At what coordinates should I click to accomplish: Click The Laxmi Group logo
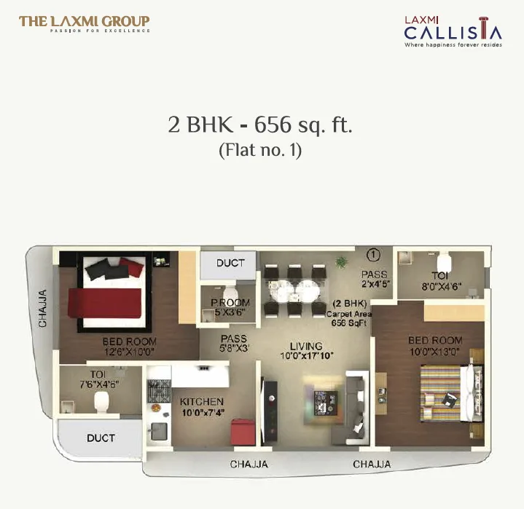click(85, 23)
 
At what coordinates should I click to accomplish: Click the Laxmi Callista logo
click(453, 31)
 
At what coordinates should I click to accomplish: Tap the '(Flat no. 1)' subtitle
click(260, 151)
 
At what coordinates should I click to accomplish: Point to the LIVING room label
click(305, 346)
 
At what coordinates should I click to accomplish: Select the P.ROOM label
click(230, 304)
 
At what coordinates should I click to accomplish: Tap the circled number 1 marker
click(374, 255)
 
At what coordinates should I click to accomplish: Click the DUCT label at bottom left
click(101, 438)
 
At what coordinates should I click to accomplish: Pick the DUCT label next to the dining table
click(230, 263)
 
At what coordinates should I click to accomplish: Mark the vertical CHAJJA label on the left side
click(42, 309)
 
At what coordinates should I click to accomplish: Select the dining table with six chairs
click(295, 290)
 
